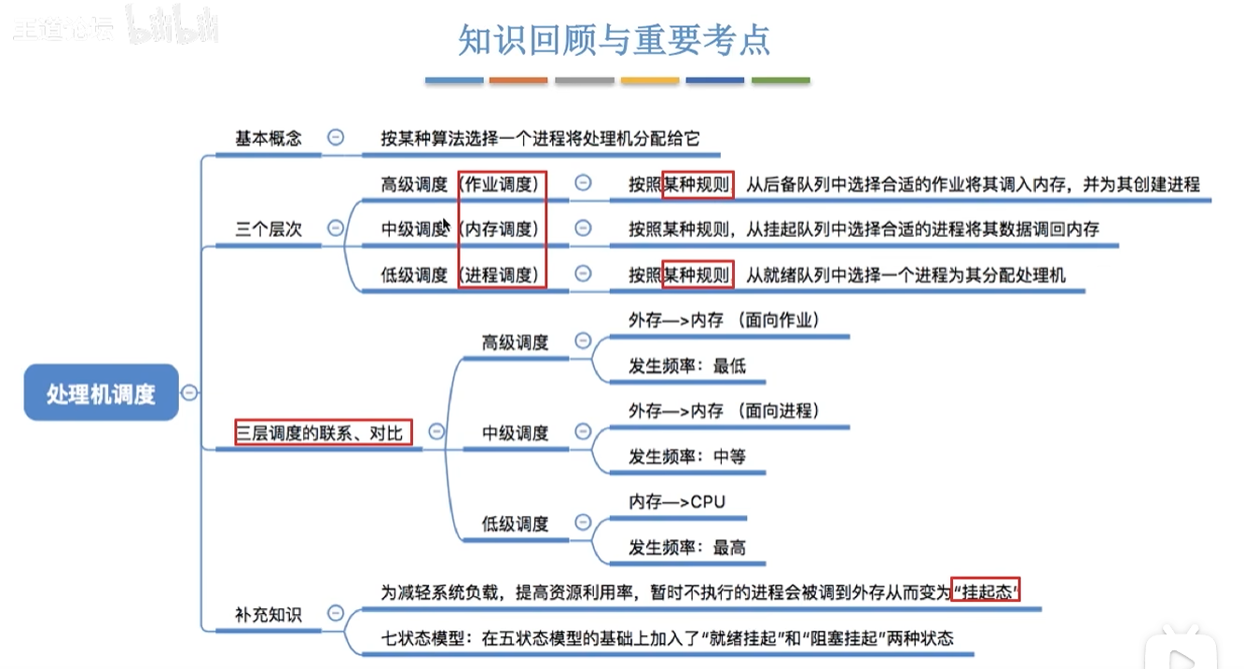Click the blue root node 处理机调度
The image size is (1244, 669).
coord(101,394)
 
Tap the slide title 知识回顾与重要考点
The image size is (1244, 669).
coord(615,40)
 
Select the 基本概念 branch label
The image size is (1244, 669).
coord(269,138)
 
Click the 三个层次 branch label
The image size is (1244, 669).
coord(269,230)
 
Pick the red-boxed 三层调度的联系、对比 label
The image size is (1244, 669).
coord(323,432)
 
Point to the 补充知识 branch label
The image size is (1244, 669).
coord(269,614)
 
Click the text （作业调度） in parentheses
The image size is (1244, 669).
coord(501,185)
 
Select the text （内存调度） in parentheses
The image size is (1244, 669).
coord(501,230)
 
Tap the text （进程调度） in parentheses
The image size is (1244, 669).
coord(501,275)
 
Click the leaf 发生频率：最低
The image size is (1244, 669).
coord(687,366)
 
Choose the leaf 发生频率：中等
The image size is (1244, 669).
coord(687,456)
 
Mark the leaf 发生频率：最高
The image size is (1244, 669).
coord(687,548)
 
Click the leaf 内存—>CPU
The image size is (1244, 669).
coord(676,502)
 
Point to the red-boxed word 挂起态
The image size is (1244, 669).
coord(985,592)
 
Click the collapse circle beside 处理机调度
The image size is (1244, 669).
coord(189,393)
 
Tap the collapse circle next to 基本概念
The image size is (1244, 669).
coord(336,137)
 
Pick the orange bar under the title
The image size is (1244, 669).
coord(518,81)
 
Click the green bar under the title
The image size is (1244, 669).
coord(781,81)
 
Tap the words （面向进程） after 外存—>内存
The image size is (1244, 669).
coord(777,411)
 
